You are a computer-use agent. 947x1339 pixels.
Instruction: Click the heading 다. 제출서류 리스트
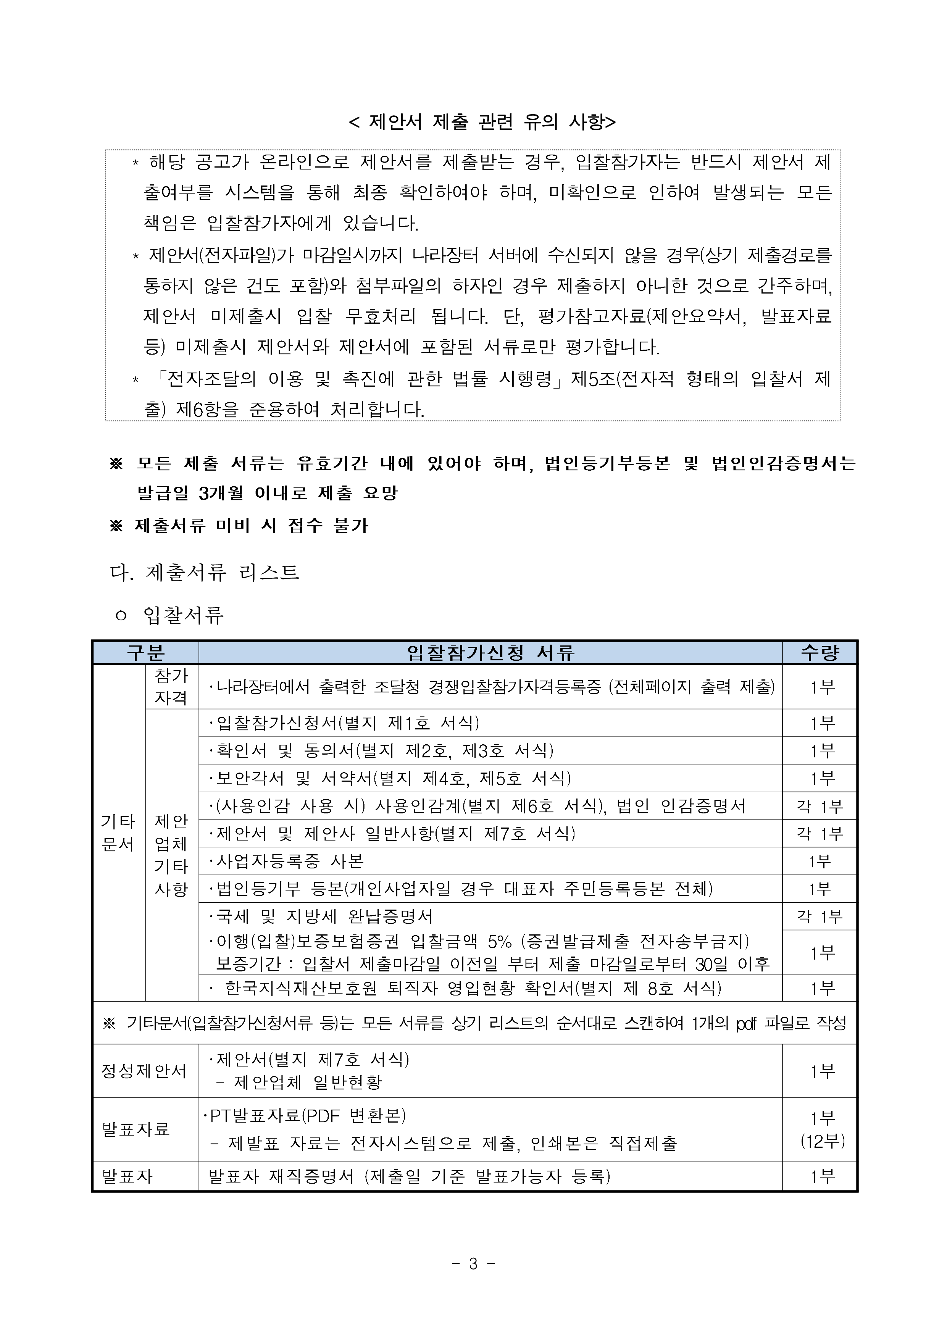click(205, 572)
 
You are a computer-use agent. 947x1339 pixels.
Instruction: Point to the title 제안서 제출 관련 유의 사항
click(482, 122)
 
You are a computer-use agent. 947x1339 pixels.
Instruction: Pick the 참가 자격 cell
click(171, 686)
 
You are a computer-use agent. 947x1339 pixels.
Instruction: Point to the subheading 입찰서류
click(184, 615)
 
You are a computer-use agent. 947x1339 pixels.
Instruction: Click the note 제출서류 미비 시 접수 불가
click(251, 526)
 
